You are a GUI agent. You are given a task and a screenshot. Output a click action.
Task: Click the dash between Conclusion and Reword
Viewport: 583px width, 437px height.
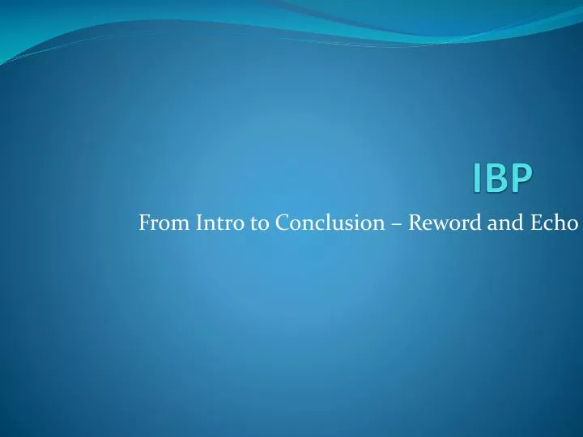[x=396, y=223]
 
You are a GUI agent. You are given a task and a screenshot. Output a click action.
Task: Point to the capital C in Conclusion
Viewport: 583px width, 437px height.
[x=282, y=222]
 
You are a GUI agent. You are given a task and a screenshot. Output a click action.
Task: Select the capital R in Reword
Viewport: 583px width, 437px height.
[x=415, y=222]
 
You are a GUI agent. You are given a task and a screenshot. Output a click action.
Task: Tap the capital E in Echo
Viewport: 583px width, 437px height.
[x=537, y=222]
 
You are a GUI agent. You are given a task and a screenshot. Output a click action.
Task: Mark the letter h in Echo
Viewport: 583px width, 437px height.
[x=560, y=222]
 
